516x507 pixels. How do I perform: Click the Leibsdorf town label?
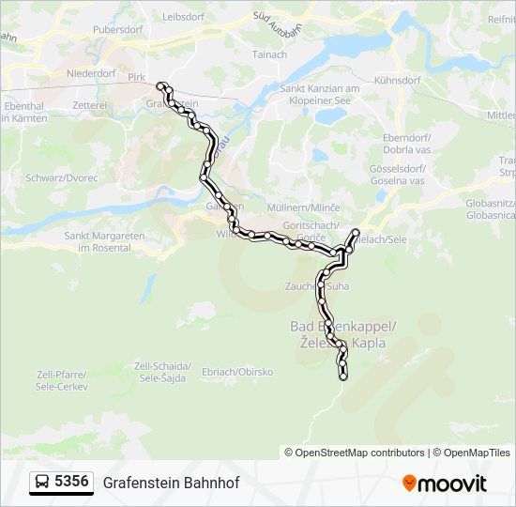tap(183, 17)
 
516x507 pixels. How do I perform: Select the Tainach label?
tap(269, 54)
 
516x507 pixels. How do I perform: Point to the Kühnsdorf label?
tap(396, 81)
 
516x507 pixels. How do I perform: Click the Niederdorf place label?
tap(91, 73)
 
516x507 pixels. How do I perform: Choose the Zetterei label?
tap(89, 106)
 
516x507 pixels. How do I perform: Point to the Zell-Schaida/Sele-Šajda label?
tap(163, 371)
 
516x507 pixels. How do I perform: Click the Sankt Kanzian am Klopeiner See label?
tap(320, 94)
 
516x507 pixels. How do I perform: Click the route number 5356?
tap(72, 483)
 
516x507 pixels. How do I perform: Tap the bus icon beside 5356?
tap(42, 483)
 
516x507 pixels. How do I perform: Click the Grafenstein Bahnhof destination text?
tap(172, 484)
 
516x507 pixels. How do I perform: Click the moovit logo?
tap(445, 484)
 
